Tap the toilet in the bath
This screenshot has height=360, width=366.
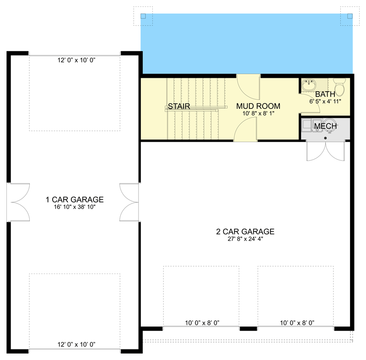(x=339, y=87)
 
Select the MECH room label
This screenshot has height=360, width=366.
(x=325, y=126)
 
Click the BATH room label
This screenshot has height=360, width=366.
(x=324, y=94)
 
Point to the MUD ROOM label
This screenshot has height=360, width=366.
(x=258, y=106)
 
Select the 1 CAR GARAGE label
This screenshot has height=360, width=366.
(x=75, y=199)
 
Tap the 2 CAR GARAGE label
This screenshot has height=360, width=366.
(x=245, y=231)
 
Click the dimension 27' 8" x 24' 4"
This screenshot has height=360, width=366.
(x=245, y=239)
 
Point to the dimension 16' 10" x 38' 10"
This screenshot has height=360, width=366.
(x=75, y=207)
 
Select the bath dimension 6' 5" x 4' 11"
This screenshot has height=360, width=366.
(x=324, y=102)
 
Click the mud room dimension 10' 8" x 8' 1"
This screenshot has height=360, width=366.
(x=258, y=113)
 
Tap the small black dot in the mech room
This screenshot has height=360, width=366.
(x=325, y=137)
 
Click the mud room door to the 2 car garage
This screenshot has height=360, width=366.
(x=245, y=130)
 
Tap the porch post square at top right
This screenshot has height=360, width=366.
(x=350, y=16)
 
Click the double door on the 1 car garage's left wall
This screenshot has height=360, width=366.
(x=18, y=203)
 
